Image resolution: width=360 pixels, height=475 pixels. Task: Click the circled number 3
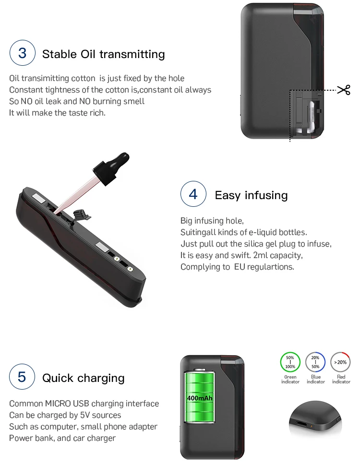point(23,53)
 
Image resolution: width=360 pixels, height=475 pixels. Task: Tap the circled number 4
point(193,194)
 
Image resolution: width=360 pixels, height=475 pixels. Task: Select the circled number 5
point(22,377)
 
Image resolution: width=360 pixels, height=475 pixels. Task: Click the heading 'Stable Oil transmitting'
point(103,54)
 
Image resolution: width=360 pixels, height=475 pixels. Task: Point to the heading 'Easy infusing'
point(251,195)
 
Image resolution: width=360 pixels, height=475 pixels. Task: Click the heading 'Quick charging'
point(84,378)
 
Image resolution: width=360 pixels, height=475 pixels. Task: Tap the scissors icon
point(344,90)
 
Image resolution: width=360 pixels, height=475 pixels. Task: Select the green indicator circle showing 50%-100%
point(290,362)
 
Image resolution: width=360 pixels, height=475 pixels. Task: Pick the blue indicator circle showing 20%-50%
point(315,362)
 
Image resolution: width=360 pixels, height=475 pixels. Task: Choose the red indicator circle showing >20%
point(341,362)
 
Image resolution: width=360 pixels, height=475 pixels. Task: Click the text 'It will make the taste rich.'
point(57,113)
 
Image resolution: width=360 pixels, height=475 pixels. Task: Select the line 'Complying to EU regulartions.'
point(237,267)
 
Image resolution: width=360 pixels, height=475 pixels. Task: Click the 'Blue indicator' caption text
point(315,380)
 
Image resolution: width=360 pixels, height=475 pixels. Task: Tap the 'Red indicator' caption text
point(341,380)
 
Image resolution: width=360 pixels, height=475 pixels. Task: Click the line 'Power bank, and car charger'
point(62,438)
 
